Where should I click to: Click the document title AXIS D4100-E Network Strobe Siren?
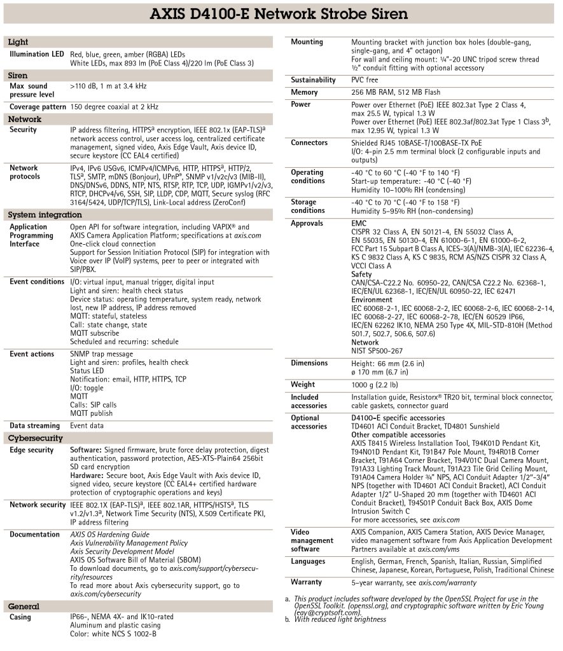[281, 14]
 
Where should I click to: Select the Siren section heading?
[18, 76]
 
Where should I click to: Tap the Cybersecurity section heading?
[35, 438]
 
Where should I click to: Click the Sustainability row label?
[313, 80]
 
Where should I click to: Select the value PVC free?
[365, 80]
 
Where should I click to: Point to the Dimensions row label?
[309, 363]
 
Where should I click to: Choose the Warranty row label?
[306, 582]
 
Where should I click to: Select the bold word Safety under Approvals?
[362, 275]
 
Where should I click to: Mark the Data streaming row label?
[34, 425]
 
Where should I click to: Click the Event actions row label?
[32, 353]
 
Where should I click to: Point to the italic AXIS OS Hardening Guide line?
[109, 535]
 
